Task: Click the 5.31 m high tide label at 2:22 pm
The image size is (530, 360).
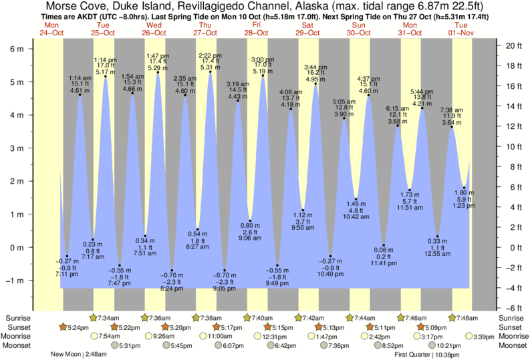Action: pos(210,67)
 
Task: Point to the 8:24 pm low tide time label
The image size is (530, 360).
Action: pos(172,289)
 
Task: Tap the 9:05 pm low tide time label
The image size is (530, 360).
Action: pos(224,289)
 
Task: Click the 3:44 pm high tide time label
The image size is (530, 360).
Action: pos(315,67)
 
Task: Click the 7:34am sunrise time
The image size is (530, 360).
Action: pos(109,317)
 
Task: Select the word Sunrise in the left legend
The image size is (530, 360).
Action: pos(18,317)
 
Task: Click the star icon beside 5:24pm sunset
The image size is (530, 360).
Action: pos(62,327)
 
